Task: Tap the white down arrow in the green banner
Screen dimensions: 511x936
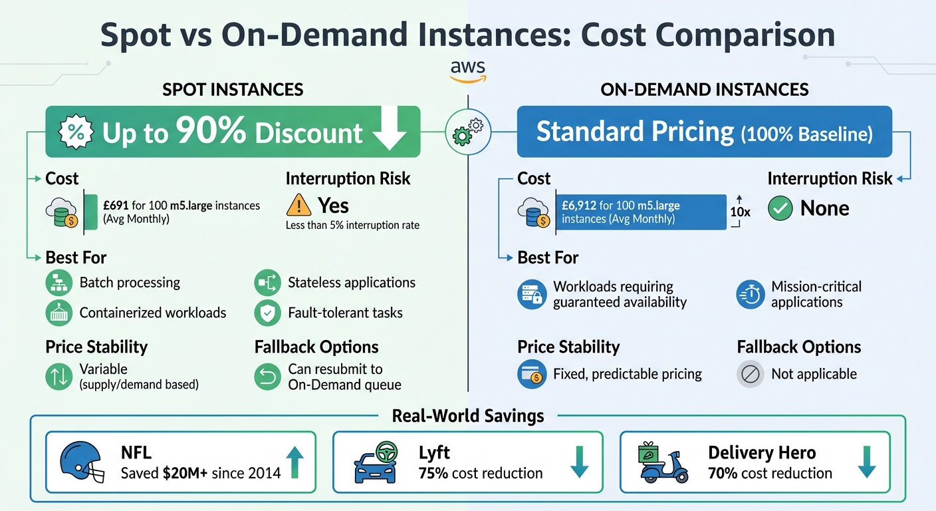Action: pyautogui.click(x=389, y=131)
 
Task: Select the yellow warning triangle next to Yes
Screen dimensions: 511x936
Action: pyautogui.click(x=299, y=205)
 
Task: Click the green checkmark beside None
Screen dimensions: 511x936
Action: pyautogui.click(x=780, y=208)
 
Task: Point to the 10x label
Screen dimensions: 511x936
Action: pyautogui.click(x=739, y=212)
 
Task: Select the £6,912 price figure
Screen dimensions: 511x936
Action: pyautogui.click(x=582, y=206)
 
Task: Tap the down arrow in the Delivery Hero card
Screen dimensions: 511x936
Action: pyautogui.click(x=866, y=462)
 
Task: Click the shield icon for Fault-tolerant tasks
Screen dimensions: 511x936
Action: pyautogui.click(x=267, y=313)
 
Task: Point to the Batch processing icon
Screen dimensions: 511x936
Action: pyautogui.click(x=58, y=283)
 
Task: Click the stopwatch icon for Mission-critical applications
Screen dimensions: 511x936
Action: pyautogui.click(x=750, y=295)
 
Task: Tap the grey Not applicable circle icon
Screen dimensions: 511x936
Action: pyautogui.click(x=750, y=374)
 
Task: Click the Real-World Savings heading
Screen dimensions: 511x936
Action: pyautogui.click(x=468, y=417)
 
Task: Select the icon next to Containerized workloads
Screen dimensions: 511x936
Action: pyautogui.click(x=58, y=313)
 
